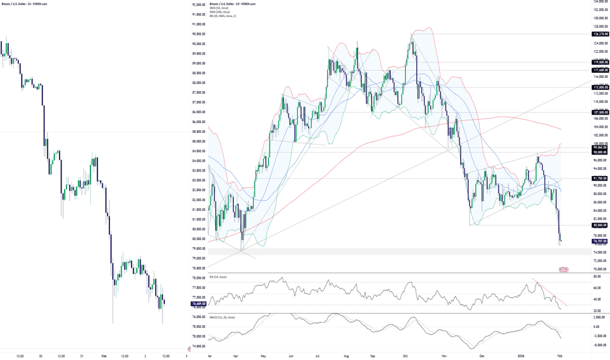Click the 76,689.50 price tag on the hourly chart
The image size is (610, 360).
[x=198, y=304]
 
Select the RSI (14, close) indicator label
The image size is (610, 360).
[x=219, y=277]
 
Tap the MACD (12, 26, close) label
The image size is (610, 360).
[x=223, y=317]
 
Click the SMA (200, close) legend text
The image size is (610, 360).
[x=221, y=12]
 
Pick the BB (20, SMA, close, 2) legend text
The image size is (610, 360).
[x=224, y=16]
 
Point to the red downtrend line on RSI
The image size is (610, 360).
[x=548, y=292]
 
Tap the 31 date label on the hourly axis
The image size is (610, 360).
[x=81, y=356]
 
